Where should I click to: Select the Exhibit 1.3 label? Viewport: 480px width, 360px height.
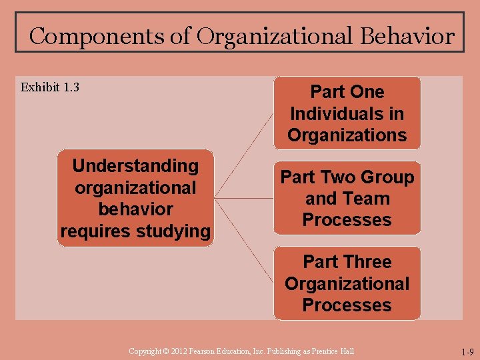(50, 87)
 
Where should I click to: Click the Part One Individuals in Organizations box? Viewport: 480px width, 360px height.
(347, 113)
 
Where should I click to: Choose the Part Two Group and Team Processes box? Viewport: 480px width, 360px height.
(347, 198)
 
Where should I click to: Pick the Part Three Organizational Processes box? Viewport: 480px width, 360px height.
(347, 283)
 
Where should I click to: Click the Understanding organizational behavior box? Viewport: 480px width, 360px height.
(135, 198)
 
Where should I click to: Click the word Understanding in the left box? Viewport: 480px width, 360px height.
(135, 165)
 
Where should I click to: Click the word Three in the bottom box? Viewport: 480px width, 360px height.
(367, 261)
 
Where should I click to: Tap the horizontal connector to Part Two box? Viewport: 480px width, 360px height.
(244, 198)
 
